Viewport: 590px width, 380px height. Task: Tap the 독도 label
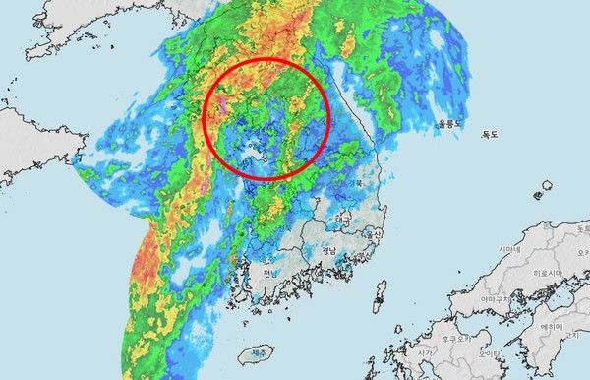click(489, 135)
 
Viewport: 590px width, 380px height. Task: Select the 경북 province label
click(353, 183)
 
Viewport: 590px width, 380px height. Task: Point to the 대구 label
click(343, 218)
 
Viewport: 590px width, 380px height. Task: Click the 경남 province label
click(328, 251)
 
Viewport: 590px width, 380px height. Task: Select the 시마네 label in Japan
click(508, 251)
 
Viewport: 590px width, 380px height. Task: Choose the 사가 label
click(425, 351)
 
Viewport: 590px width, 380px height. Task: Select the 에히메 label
click(549, 326)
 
